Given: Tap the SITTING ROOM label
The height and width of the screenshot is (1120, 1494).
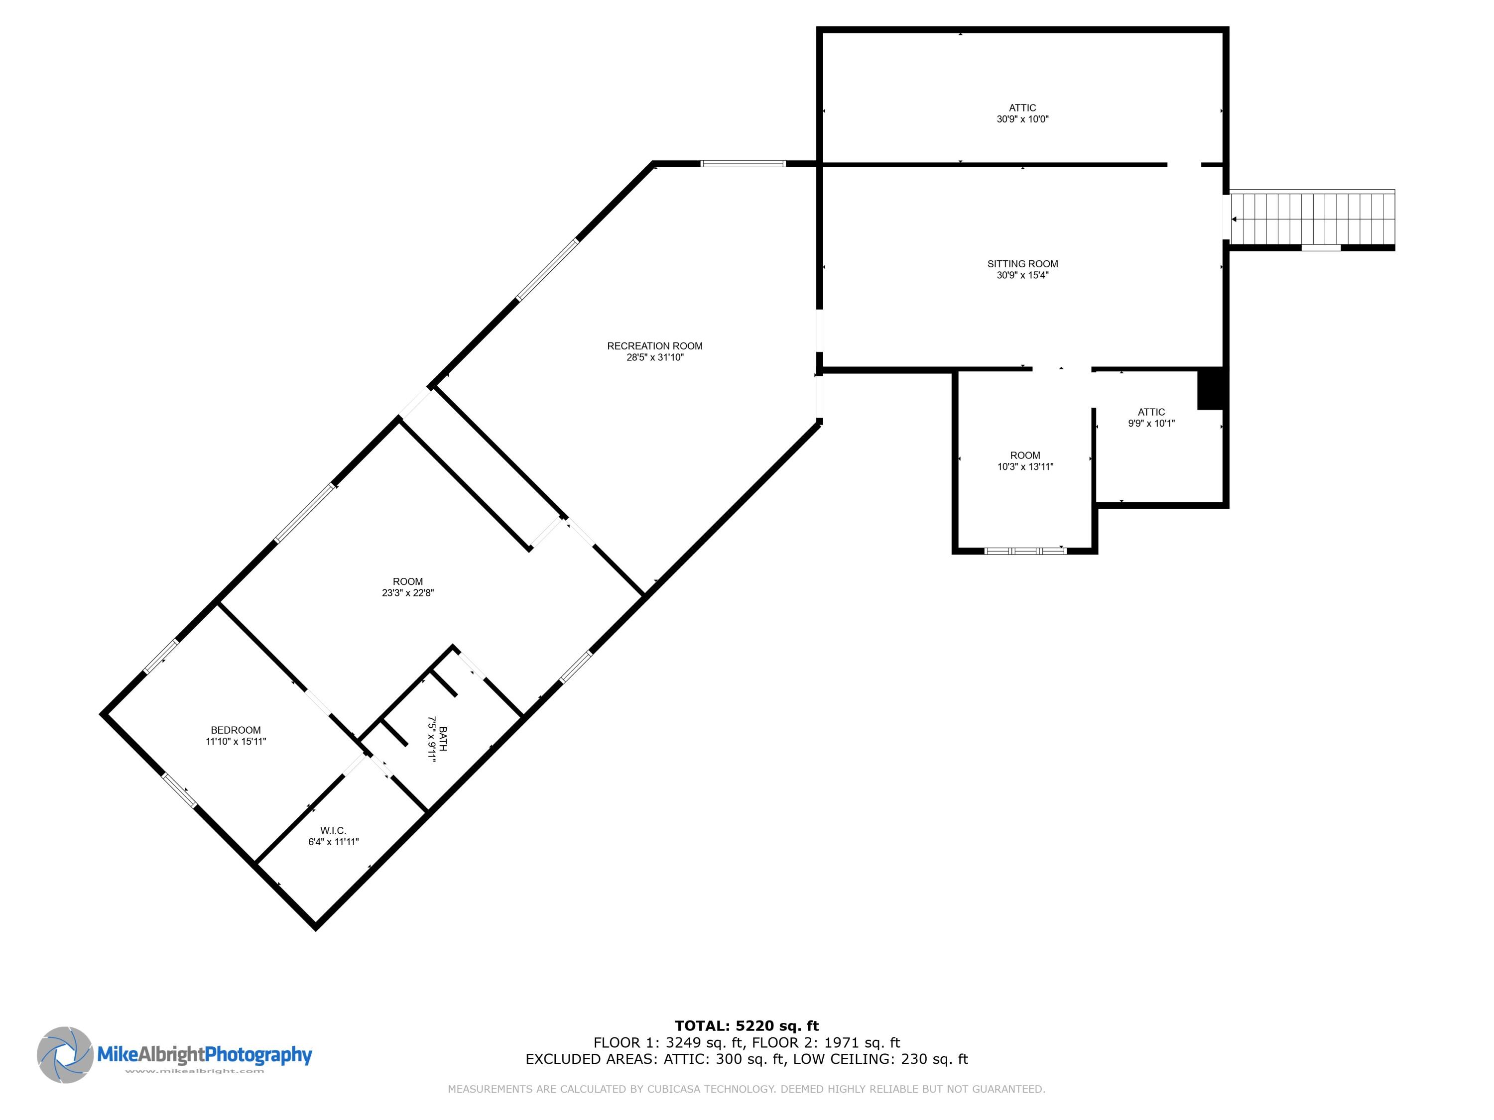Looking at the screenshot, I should coord(1022,264).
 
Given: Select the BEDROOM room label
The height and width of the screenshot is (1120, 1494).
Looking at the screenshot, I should coord(236,730).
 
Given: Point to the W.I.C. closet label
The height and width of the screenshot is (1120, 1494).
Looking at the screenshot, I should coord(333,830).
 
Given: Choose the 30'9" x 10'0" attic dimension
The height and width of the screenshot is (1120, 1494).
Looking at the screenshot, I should coord(1022,119).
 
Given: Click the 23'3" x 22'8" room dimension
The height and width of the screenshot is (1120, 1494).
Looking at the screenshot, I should coord(407,593).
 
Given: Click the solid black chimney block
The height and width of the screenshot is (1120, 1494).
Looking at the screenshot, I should coord(1210,389).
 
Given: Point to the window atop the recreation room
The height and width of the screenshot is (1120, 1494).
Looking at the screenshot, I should coord(743,163).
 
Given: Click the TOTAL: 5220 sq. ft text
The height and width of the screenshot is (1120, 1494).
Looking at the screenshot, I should coord(747,1026).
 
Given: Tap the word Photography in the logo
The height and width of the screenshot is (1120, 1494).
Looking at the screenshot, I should coord(258,1054).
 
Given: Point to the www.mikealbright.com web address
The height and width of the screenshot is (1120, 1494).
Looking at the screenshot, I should coord(195,1071).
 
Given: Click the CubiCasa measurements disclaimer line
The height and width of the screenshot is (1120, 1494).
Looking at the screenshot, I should coord(747,1089).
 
